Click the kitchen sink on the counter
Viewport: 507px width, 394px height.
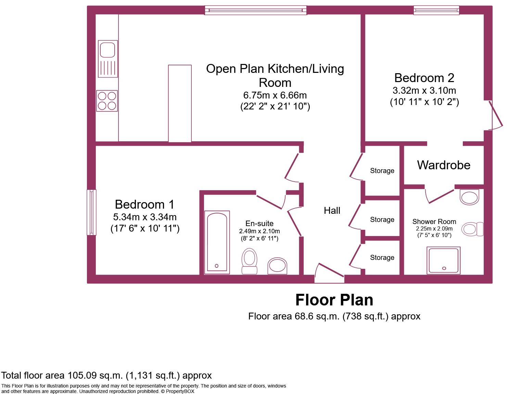pos(108,58)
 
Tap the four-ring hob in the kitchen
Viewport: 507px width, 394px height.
pos(107,101)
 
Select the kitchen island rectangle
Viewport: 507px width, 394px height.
pos(180,103)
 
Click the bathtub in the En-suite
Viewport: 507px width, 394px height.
pos(217,242)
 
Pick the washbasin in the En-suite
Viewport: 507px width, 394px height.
pos(277,266)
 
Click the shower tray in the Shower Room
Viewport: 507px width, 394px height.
pos(443,260)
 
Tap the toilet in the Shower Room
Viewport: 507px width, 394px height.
pos(472,229)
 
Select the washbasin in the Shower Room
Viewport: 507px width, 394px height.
pos(469,197)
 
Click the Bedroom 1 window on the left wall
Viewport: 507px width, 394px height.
pos(91,212)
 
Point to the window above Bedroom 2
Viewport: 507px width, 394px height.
pos(436,10)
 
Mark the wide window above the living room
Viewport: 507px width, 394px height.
pos(255,10)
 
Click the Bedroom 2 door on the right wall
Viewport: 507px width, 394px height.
pos(495,116)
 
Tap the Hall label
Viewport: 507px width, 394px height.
pos(332,211)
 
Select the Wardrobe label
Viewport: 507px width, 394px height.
pos(443,165)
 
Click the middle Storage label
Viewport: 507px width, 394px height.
pos(382,220)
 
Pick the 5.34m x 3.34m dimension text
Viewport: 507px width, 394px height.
pos(145,217)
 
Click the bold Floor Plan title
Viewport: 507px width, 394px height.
pos(334,300)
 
